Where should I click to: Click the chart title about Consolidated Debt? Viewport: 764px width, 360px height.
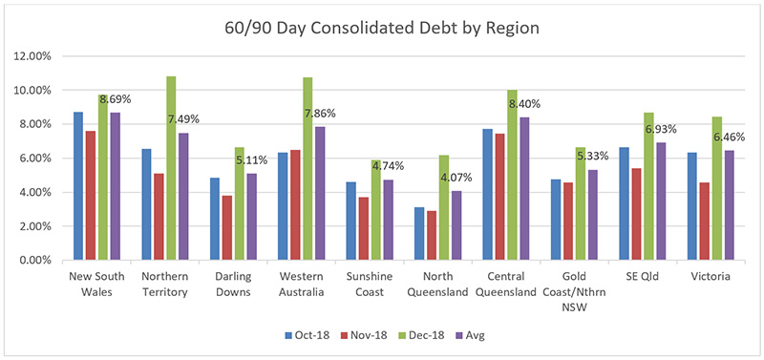pyautogui.click(x=382, y=28)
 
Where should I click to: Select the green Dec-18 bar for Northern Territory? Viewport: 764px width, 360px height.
pyautogui.click(x=171, y=168)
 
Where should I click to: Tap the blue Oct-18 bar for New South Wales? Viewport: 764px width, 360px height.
pyautogui.click(x=77, y=186)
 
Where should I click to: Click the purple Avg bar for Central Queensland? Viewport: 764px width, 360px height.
pyautogui.click(x=524, y=189)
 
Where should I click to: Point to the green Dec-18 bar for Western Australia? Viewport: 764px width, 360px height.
pyautogui.click(x=308, y=168)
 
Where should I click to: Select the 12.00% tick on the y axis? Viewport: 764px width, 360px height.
pyautogui.click(x=34, y=56)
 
